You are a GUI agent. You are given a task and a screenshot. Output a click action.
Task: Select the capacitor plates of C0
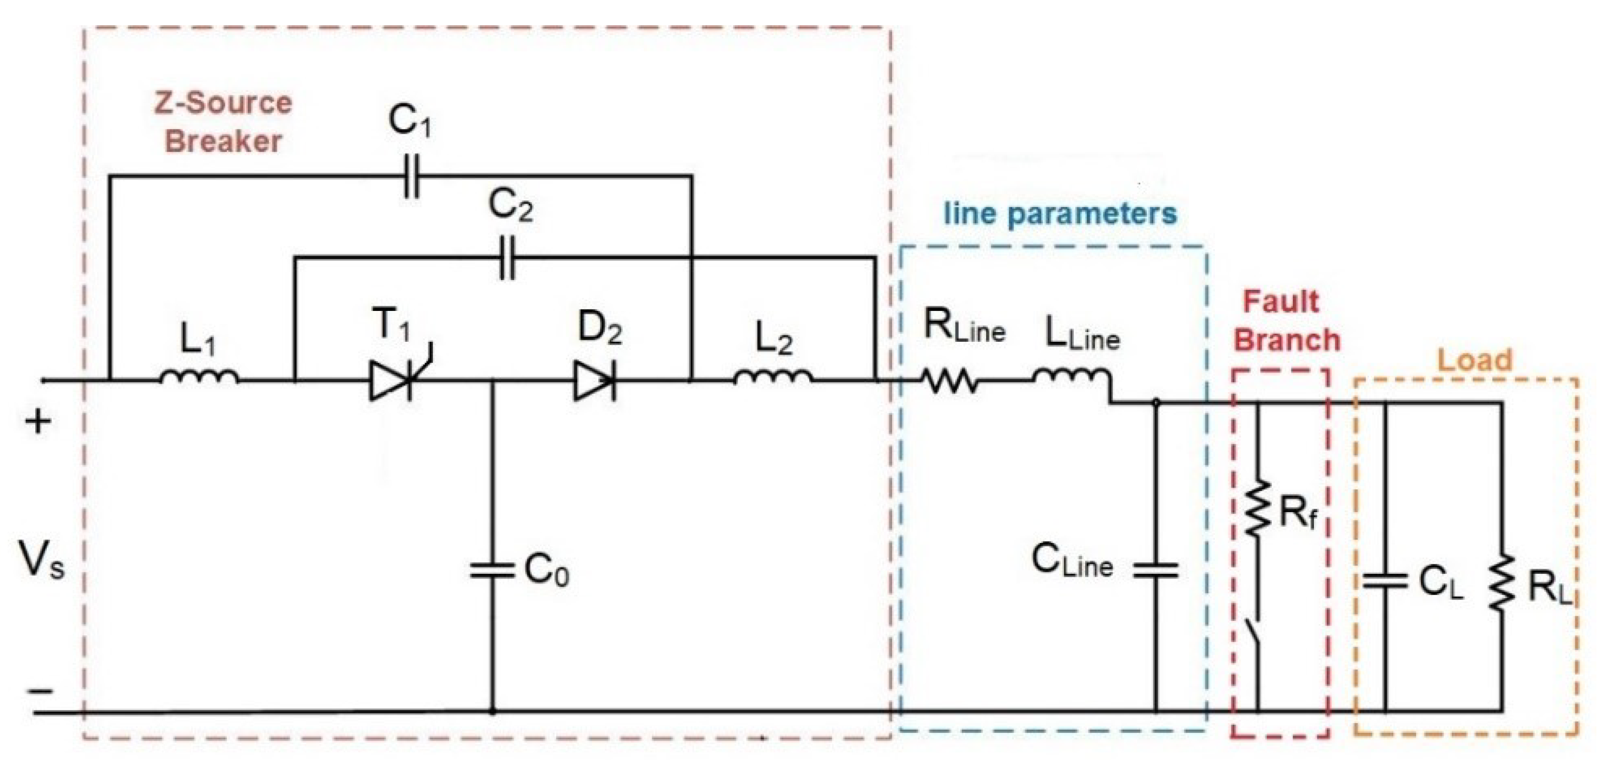pyautogui.click(x=493, y=570)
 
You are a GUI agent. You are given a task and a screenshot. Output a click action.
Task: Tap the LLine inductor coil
pyautogui.click(x=1071, y=377)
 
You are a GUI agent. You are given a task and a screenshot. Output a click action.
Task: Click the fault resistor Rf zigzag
pyautogui.click(x=1257, y=507)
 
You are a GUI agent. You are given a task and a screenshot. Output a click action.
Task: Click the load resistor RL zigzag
pyautogui.click(x=1503, y=584)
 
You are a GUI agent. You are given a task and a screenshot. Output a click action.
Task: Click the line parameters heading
pyautogui.click(x=1060, y=213)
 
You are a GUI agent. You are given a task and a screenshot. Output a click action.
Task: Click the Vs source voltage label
pyautogui.click(x=41, y=559)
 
